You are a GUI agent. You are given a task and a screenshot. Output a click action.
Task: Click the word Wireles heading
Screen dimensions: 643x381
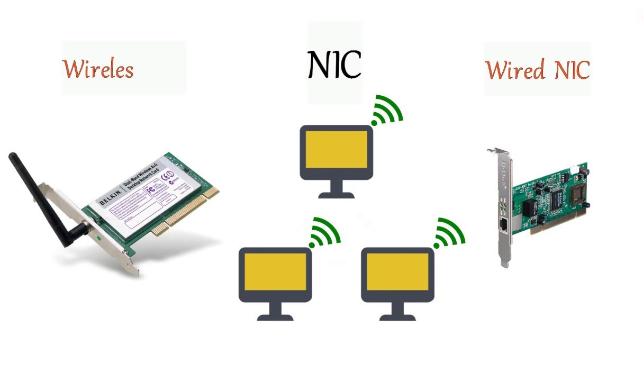click(98, 69)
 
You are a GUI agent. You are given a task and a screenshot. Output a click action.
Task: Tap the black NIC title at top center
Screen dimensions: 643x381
click(334, 65)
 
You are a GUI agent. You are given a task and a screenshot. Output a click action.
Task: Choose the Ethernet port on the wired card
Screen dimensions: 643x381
click(504, 225)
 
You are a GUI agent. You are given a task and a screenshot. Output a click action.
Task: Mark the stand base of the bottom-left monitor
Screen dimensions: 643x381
click(275, 317)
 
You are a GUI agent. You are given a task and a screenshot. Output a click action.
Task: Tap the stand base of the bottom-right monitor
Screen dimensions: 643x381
click(397, 317)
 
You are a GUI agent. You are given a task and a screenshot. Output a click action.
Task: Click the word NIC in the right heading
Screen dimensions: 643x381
click(569, 70)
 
